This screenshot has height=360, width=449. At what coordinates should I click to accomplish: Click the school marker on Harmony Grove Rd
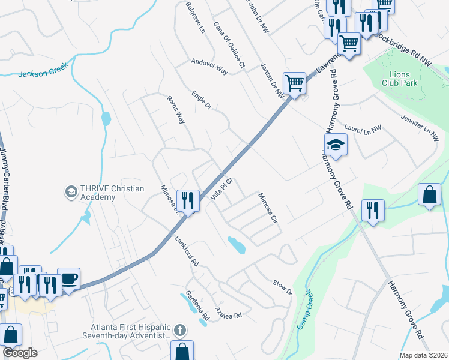point(336,145)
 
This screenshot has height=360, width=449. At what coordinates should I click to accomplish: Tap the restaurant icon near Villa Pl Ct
point(189,200)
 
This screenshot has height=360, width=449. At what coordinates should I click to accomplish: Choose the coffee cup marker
point(68,278)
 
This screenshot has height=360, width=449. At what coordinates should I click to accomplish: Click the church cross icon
point(180,330)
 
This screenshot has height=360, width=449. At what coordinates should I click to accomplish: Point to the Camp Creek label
point(306,310)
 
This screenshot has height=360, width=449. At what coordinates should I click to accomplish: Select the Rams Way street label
point(176,109)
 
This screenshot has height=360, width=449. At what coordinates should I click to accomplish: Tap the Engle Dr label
point(202,100)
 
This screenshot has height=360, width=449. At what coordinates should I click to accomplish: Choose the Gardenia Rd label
point(197,304)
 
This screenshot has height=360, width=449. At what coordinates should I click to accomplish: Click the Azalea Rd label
point(229,314)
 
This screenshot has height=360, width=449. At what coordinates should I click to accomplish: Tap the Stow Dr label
point(282,287)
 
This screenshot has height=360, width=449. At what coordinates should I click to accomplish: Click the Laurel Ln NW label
point(364,128)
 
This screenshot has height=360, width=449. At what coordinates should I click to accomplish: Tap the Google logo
point(20,353)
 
